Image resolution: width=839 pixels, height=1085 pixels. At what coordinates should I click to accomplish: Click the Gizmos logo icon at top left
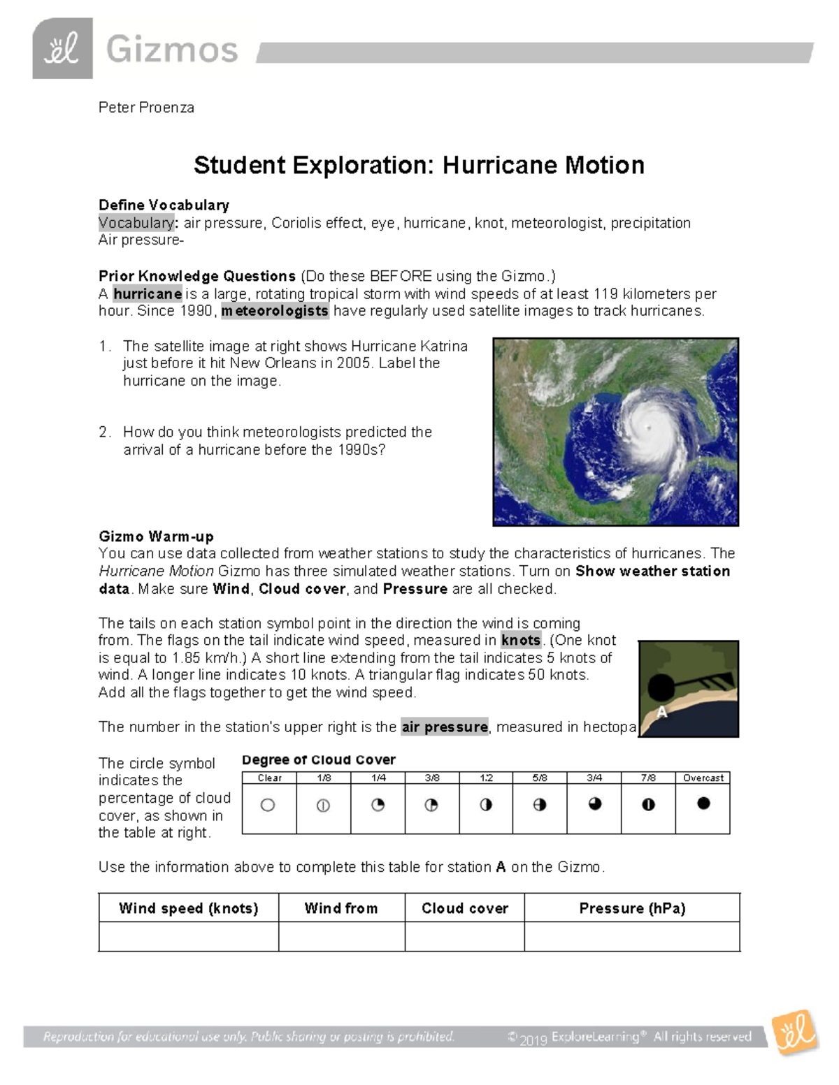pyautogui.click(x=62, y=49)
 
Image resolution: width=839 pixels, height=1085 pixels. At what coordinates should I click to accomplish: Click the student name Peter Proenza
pyautogui.click(x=146, y=108)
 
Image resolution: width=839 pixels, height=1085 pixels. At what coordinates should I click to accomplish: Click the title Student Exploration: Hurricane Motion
pyautogui.click(x=419, y=166)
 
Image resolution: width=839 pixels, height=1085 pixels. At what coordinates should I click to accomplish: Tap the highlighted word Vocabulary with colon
pyautogui.click(x=138, y=223)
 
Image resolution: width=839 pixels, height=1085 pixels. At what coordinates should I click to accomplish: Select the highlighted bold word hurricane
pyautogui.click(x=148, y=293)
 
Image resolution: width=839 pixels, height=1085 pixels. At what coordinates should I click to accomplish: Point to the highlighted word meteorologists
pyautogui.click(x=275, y=311)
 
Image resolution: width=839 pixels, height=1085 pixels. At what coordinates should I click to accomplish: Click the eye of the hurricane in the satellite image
pyautogui.click(x=650, y=428)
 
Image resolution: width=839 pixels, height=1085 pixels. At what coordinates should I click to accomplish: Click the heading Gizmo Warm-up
pyautogui.click(x=156, y=537)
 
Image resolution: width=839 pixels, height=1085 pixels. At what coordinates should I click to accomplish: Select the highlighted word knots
pyautogui.click(x=521, y=640)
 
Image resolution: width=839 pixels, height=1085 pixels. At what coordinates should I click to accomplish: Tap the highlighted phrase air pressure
pyautogui.click(x=445, y=727)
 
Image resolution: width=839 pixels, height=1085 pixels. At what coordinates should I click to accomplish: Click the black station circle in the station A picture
pyautogui.click(x=661, y=688)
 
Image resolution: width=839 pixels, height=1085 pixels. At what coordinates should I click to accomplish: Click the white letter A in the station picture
pyautogui.click(x=661, y=713)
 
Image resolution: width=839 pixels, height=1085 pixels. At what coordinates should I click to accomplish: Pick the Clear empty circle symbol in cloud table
pyautogui.click(x=268, y=806)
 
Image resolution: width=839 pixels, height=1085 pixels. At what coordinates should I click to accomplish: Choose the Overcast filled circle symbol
pyautogui.click(x=703, y=803)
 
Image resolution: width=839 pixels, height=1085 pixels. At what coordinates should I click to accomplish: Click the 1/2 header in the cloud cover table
pyautogui.click(x=486, y=778)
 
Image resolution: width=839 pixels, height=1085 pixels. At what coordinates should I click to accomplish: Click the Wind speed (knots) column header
pyautogui.click(x=188, y=908)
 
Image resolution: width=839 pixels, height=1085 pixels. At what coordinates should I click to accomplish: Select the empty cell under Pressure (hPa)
pyautogui.click(x=632, y=937)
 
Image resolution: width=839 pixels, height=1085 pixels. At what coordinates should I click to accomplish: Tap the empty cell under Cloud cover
pyautogui.click(x=464, y=937)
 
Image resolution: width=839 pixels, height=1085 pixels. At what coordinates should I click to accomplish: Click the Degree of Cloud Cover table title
pyautogui.click(x=319, y=760)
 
